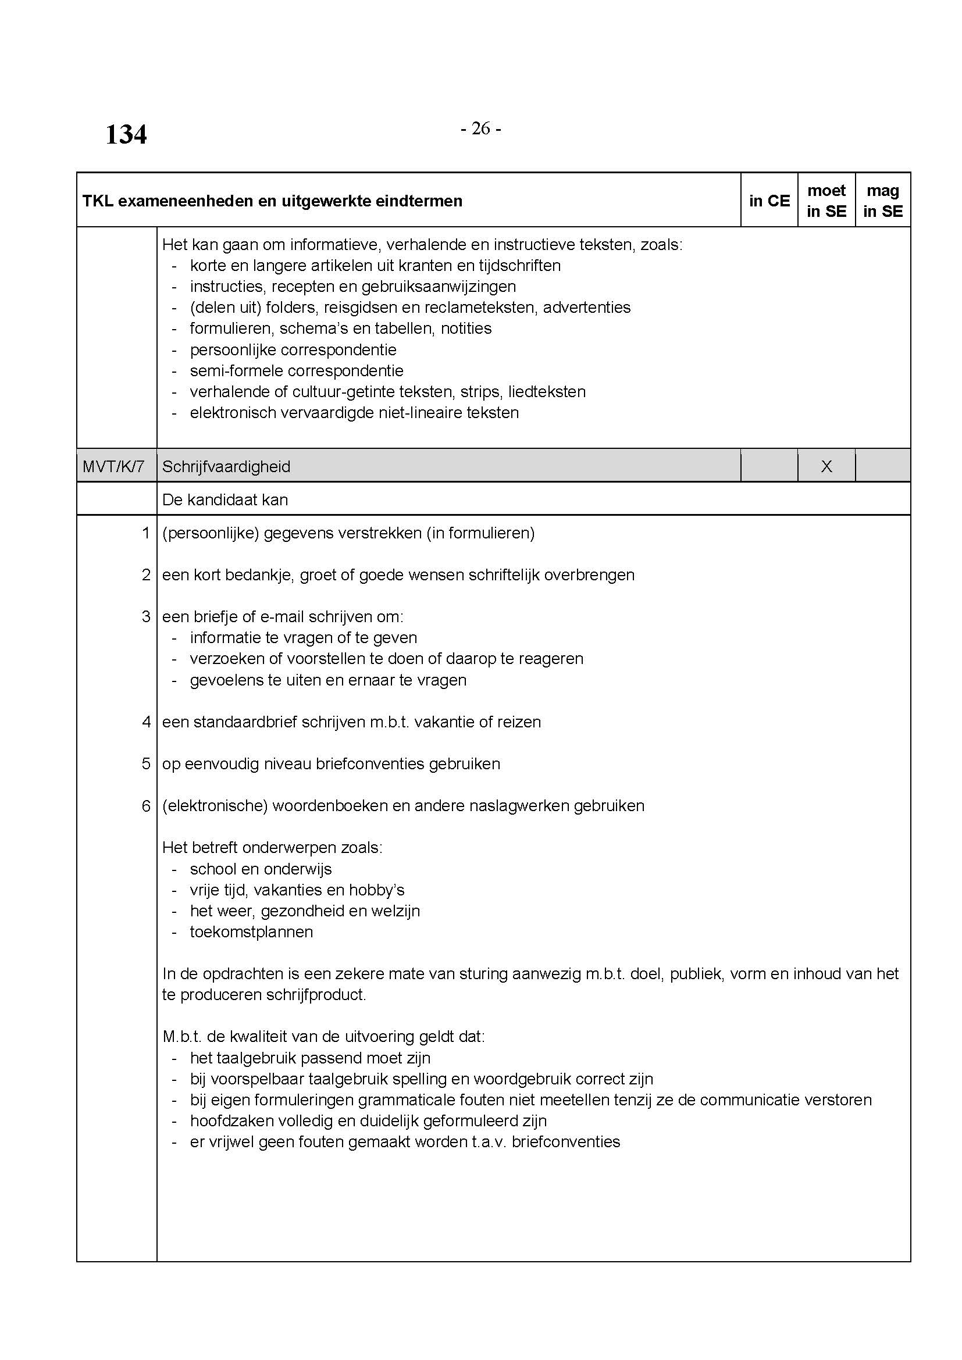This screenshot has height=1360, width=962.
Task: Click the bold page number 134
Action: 126,134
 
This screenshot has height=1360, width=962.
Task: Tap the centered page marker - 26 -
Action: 480,128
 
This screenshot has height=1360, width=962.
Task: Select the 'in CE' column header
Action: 769,201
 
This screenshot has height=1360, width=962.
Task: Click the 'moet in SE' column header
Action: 826,201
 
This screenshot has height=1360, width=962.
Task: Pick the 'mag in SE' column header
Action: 883,201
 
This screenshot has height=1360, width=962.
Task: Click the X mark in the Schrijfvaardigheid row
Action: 826,467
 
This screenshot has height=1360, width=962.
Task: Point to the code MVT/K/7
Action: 113,467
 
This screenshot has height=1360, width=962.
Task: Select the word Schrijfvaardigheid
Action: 226,467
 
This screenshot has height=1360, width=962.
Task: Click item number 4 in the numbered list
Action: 147,722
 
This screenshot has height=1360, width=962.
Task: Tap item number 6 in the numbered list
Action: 147,805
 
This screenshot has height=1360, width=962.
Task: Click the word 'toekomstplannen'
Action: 251,931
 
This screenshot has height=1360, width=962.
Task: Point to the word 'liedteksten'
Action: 547,392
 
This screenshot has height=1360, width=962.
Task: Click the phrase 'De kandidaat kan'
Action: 225,500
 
